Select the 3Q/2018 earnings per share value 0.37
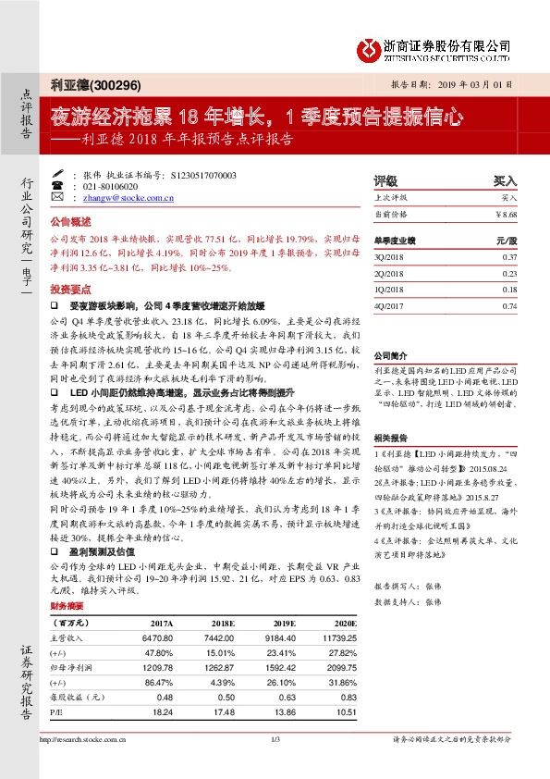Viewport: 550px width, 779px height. point(509,256)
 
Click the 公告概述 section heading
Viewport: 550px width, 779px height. point(71,222)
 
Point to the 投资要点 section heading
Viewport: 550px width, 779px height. point(71,288)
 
